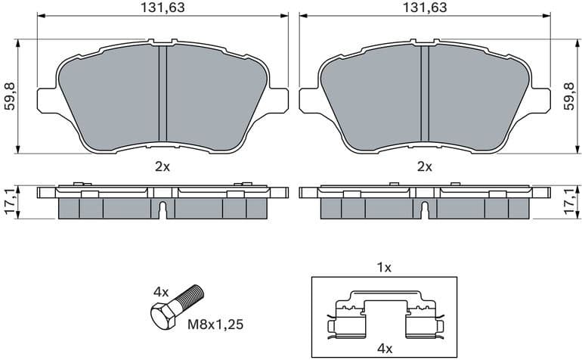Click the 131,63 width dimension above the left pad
click(x=163, y=8)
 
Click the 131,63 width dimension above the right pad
click(x=424, y=8)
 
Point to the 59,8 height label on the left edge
click(x=10, y=96)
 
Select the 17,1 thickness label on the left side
click(x=10, y=202)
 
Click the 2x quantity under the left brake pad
click(x=162, y=166)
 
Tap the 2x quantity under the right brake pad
click(x=424, y=166)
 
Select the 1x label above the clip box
click(x=384, y=267)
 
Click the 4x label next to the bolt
click(x=160, y=290)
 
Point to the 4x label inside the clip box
click(x=384, y=349)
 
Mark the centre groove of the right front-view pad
click(x=424, y=95)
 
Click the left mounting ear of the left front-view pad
click(x=47, y=100)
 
